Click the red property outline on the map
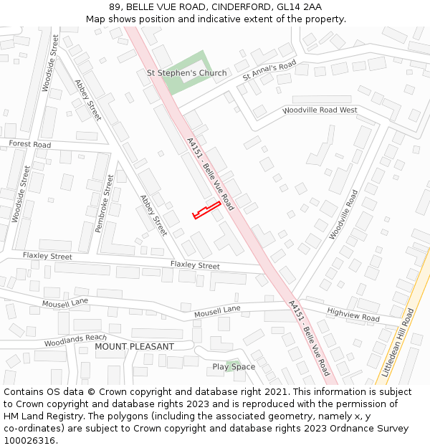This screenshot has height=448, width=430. [x=206, y=211]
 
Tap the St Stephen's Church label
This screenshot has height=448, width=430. [x=186, y=73]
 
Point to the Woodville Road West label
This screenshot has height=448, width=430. [x=320, y=110]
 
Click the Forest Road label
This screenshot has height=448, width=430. [x=29, y=144]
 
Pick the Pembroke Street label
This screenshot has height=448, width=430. [x=105, y=204]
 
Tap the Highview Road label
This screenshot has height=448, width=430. [x=353, y=314]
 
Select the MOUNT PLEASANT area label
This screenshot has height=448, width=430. [x=134, y=346]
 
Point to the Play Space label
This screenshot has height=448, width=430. [x=234, y=366]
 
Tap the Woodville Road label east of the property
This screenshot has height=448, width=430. [x=343, y=215]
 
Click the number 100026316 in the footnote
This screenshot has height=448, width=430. [x=29, y=440]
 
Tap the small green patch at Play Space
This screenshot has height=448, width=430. [x=231, y=364]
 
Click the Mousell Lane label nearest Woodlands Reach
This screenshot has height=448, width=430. [x=64, y=302]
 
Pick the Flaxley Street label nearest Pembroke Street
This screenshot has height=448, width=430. [x=47, y=256]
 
